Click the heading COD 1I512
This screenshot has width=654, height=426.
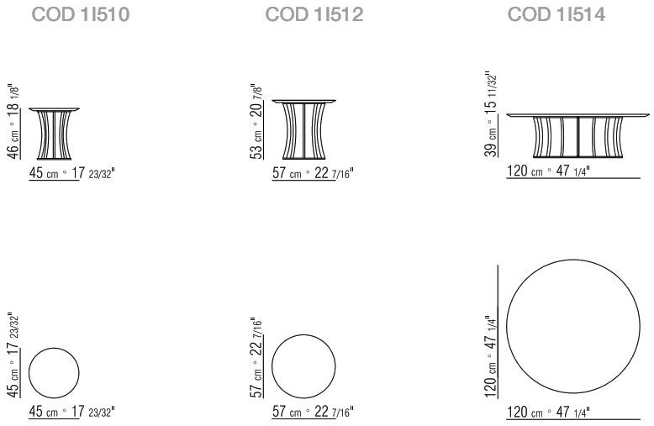pos(314,15)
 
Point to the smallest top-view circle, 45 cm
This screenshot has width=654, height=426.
pos(54,371)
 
